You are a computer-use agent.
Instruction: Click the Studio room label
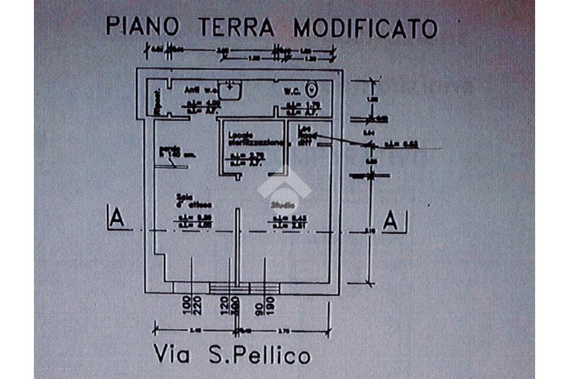(283, 204)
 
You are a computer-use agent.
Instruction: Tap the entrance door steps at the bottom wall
(229, 288)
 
